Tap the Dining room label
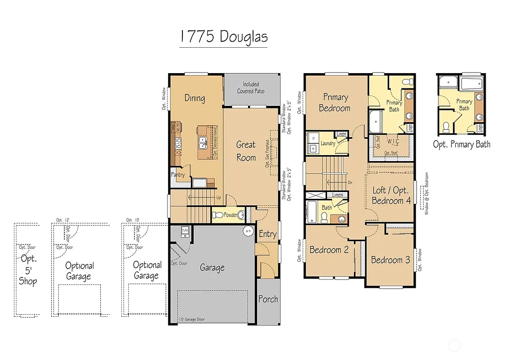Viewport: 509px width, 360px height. [195, 98]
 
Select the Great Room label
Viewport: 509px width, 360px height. [246, 151]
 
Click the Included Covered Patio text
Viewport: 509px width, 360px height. [251, 88]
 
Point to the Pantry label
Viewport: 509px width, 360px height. [178, 175]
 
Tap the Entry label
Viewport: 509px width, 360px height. [267, 234]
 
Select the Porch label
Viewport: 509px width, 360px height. [268, 299]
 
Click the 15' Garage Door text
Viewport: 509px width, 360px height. [191, 320]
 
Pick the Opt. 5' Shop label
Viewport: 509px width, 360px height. [28, 270]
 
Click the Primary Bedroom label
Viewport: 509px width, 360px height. [335, 102]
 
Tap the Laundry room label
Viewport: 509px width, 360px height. [328, 143]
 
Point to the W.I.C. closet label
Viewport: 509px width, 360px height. [393, 141]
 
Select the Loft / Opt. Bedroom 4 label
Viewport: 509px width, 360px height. [391, 195]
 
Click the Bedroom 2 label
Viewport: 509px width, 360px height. [329, 250]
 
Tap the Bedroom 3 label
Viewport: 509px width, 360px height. [390, 260]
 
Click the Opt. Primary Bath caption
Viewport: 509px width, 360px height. [462, 144]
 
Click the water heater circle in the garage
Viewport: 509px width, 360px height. [248, 231]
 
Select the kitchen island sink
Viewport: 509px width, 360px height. [203, 144]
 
